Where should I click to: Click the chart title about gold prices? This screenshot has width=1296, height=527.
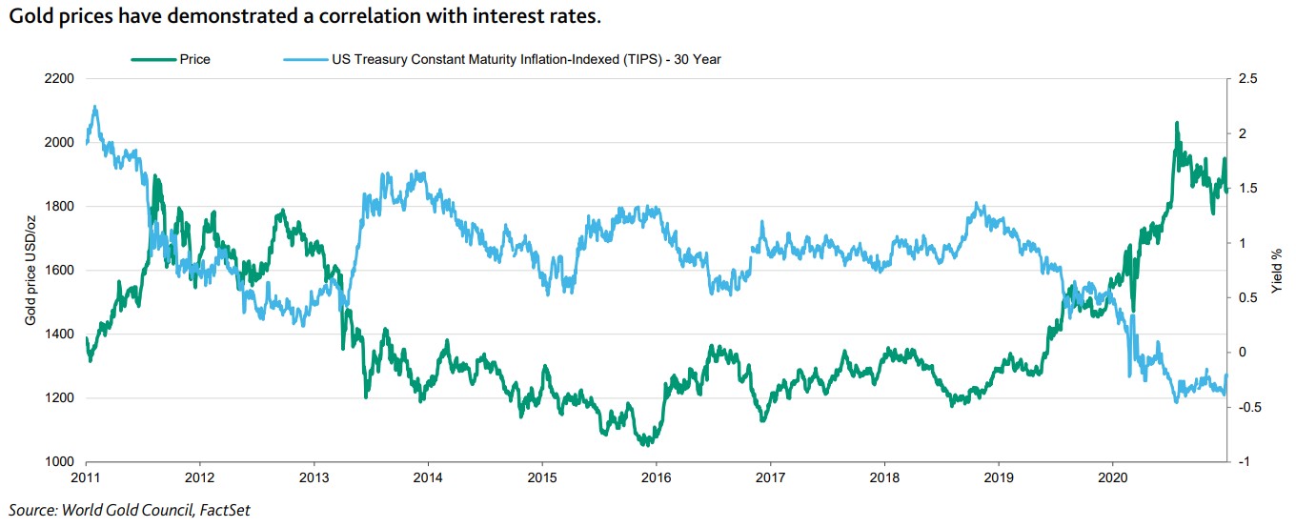(305, 17)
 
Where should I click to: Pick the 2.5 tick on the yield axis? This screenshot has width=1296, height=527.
(1247, 78)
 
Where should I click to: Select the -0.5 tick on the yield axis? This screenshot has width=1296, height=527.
(1247, 407)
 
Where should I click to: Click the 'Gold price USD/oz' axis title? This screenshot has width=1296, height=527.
(30, 270)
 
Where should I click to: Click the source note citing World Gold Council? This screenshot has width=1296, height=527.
(129, 510)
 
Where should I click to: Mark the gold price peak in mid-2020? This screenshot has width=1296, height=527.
(1177, 123)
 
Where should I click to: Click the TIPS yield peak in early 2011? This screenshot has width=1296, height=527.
(94, 107)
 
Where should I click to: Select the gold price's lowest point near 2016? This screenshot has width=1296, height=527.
(647, 444)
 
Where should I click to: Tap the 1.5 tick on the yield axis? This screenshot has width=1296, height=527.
(1247, 188)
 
